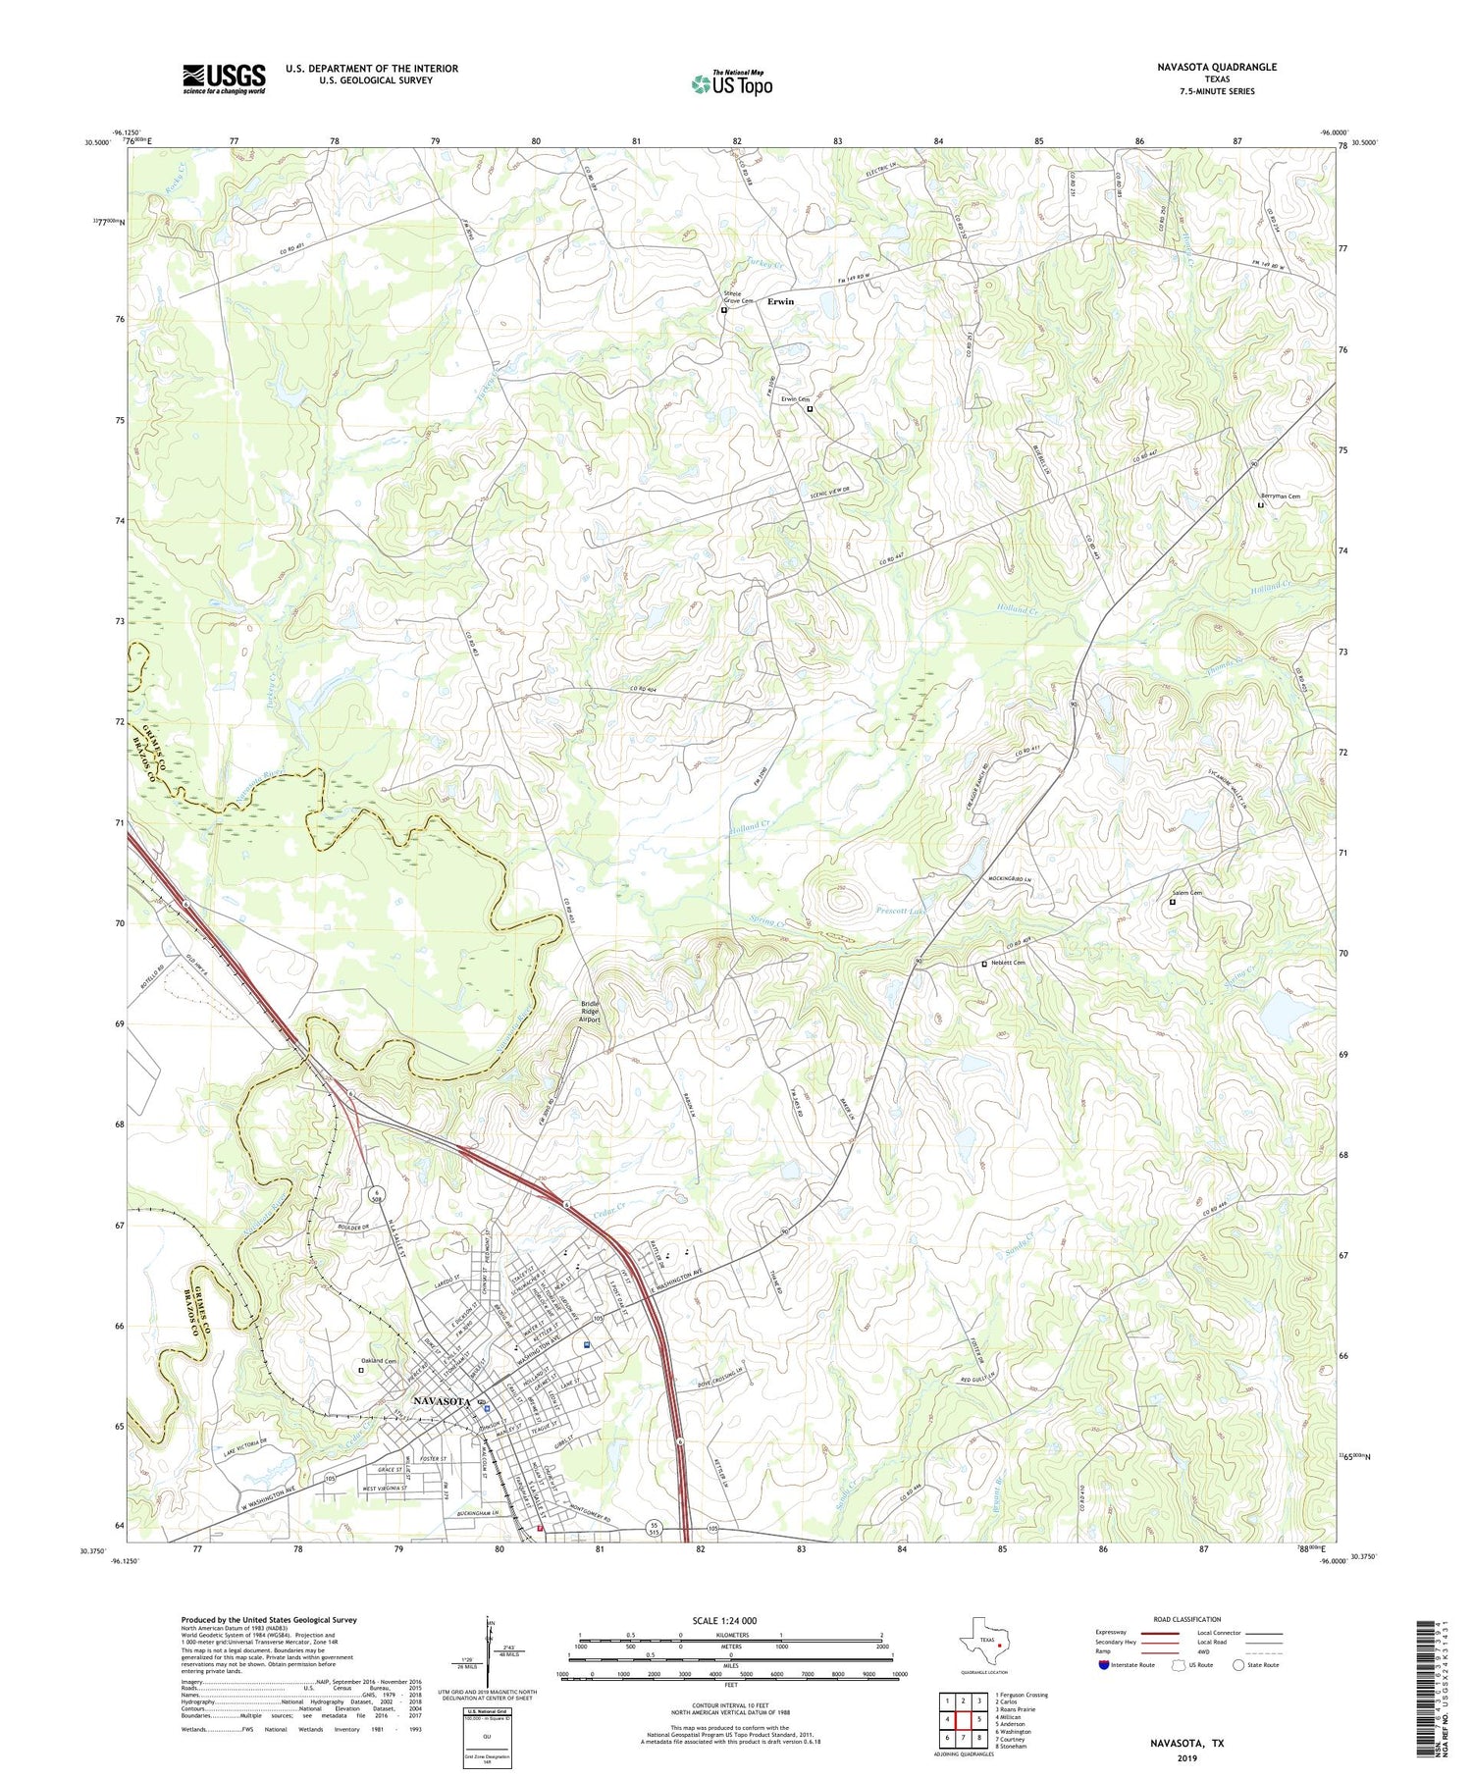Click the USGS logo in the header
click(x=224, y=78)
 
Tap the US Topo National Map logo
click(x=731, y=83)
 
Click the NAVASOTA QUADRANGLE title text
click(x=1217, y=67)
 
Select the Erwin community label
click(x=781, y=301)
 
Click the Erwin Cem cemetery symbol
click(x=810, y=409)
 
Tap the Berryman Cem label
click(x=1281, y=497)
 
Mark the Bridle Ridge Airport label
click(x=589, y=1012)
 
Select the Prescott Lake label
click(x=900, y=912)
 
